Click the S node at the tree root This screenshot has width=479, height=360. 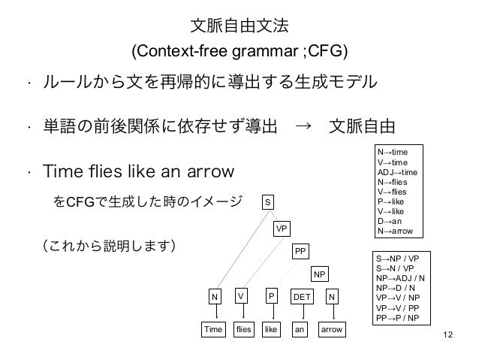[268, 201]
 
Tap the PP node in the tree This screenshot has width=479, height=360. [301, 252]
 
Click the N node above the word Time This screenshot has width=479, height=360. [215, 298]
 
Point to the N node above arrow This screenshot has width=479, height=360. [331, 298]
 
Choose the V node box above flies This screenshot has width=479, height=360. [241, 298]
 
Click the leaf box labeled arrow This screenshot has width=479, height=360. [331, 330]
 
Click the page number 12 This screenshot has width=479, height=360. [449, 334]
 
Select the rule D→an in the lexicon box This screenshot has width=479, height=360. [391, 222]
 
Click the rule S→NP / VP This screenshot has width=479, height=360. [399, 258]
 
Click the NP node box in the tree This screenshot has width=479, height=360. [321, 275]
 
